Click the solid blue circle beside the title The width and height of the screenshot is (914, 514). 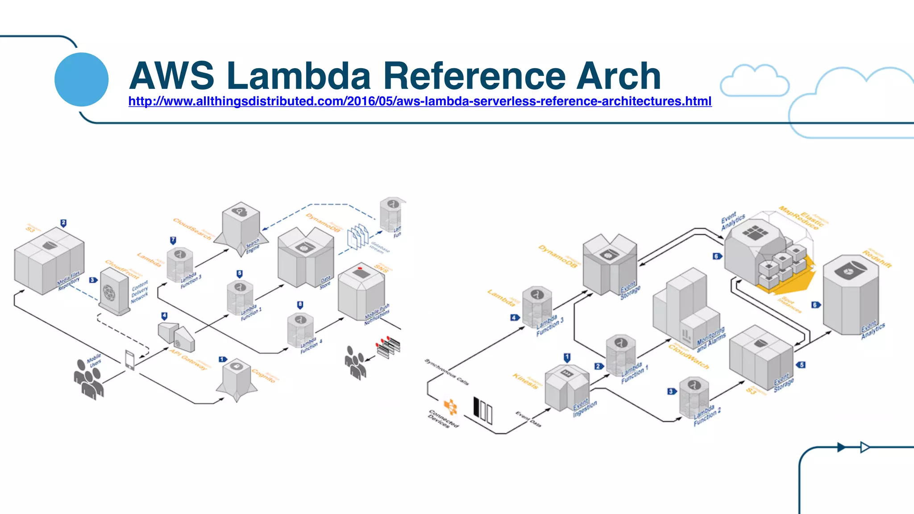click(81, 79)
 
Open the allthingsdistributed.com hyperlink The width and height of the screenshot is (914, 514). click(420, 101)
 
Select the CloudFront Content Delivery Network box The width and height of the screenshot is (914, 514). click(114, 292)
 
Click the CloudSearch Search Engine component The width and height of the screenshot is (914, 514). click(241, 228)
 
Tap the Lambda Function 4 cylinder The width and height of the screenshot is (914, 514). click(300, 330)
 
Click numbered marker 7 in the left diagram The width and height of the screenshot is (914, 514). click(173, 240)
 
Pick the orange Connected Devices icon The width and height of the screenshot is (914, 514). click(450, 407)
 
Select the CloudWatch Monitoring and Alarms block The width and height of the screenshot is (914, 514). click(685, 308)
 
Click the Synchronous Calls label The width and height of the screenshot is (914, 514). click(446, 372)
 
